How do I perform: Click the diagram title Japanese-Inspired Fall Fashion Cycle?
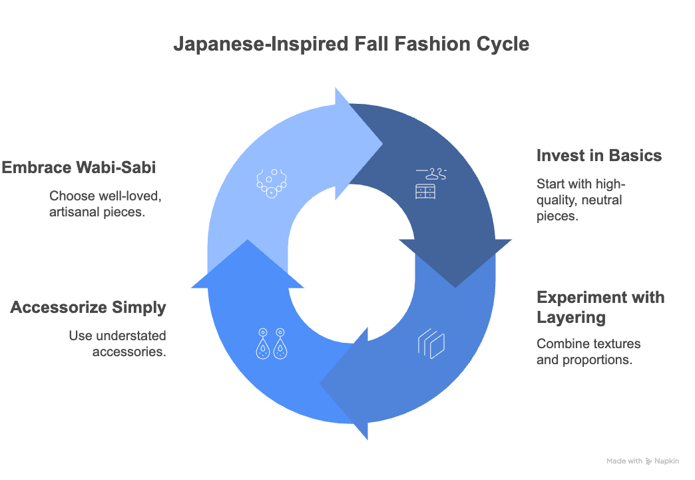pyautogui.click(x=351, y=44)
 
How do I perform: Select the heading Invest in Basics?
pyautogui.click(x=599, y=156)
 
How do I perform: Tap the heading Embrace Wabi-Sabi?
pyautogui.click(x=79, y=167)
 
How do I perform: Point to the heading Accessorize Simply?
pyautogui.click(x=88, y=308)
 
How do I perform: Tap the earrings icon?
pyautogui.click(x=271, y=343)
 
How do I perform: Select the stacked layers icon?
pyautogui.click(x=431, y=343)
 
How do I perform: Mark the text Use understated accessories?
pyautogui.click(x=118, y=344)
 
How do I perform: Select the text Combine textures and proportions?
pyautogui.click(x=588, y=352)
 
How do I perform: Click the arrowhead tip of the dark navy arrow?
pyautogui.click(x=455, y=286)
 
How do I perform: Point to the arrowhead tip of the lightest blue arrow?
pyautogui.click(x=382, y=142)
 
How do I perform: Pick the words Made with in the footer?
pyautogui.click(x=624, y=461)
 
